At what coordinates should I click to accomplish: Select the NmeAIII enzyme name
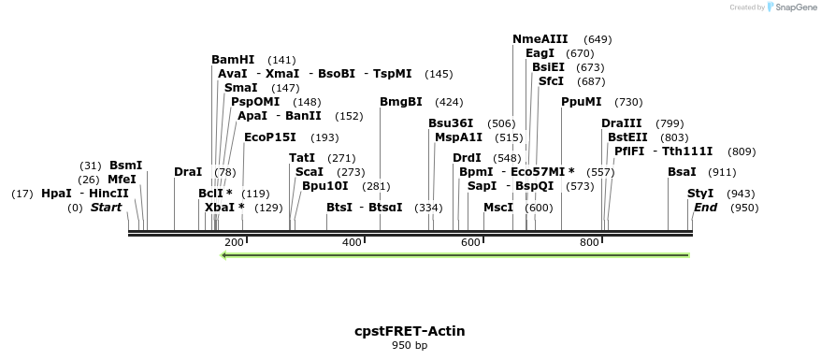[540, 39]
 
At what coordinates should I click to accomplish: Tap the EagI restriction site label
[540, 53]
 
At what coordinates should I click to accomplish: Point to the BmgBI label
[401, 102]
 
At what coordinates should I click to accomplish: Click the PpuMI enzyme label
[582, 102]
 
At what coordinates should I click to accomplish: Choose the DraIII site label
[622, 123]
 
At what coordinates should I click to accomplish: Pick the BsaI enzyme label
[682, 172]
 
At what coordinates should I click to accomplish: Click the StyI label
[700, 194]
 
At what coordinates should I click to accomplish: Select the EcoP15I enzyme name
[270, 137]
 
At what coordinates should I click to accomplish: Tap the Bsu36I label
[451, 123]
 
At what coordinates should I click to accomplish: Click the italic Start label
[106, 208]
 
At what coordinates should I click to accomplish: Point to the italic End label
[705, 208]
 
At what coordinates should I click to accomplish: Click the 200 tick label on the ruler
[234, 243]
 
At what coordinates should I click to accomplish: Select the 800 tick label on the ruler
[589, 243]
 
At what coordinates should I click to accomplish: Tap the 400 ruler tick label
[353, 243]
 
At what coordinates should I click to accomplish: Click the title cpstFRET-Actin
[410, 331]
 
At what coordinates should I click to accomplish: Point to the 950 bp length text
[410, 346]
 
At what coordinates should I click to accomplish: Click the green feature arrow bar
[455, 254]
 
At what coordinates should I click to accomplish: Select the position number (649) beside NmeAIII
[598, 39]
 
